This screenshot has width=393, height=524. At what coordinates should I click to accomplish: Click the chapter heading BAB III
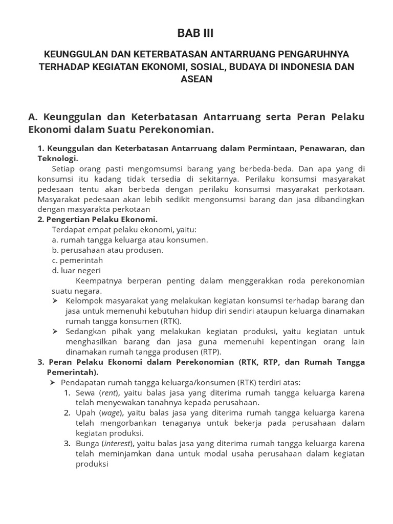pos(196,33)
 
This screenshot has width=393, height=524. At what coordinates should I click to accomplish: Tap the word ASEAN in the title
pos(196,79)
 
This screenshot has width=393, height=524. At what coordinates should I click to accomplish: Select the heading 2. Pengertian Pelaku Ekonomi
pos(90,219)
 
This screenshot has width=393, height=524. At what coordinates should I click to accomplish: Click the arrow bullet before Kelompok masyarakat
pos(55,301)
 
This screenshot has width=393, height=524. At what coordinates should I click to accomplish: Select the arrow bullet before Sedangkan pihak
pos(55,331)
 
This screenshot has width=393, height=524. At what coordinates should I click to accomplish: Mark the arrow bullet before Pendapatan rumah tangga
pos(51,382)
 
